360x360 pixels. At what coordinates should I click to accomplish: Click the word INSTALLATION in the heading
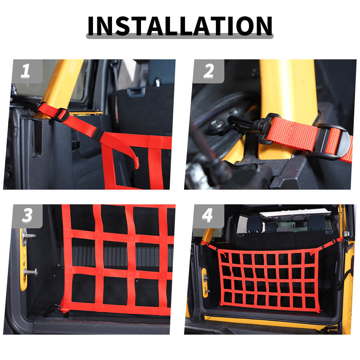[180, 26]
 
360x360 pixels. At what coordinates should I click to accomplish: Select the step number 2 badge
[208, 71]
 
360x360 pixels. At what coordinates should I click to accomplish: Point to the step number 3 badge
[27, 216]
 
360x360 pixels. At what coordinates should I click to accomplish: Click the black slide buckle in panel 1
[60, 115]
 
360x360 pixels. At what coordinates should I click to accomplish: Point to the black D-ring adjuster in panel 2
[331, 141]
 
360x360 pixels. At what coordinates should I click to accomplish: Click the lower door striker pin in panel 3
[31, 272]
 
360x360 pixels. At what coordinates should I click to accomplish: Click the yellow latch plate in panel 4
[205, 282]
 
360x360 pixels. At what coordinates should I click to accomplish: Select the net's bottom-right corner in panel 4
[320, 312]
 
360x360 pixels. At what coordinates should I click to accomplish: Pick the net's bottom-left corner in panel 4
[221, 305]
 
